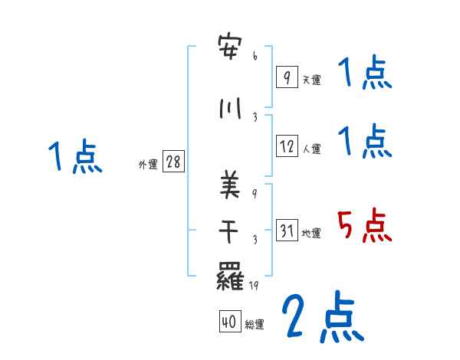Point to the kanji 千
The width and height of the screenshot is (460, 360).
[231, 231]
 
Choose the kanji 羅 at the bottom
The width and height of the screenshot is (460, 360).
[231, 275]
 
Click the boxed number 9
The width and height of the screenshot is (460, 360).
[286, 77]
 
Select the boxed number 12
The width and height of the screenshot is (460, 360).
[287, 147]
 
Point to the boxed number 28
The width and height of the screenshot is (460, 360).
[173, 162]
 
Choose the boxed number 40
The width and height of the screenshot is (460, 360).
[229, 322]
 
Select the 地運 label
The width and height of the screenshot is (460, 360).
[311, 234]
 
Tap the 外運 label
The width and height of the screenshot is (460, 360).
[147, 165]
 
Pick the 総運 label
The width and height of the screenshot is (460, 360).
[255, 325]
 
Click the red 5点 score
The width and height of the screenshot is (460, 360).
[365, 226]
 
